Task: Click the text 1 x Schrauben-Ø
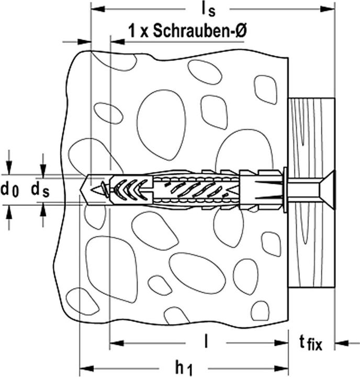[187, 31]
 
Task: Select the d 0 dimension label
[9, 190]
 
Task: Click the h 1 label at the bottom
[183, 369]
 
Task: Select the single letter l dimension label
[207, 342]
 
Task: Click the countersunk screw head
[324, 189]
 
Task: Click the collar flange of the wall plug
[285, 189]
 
